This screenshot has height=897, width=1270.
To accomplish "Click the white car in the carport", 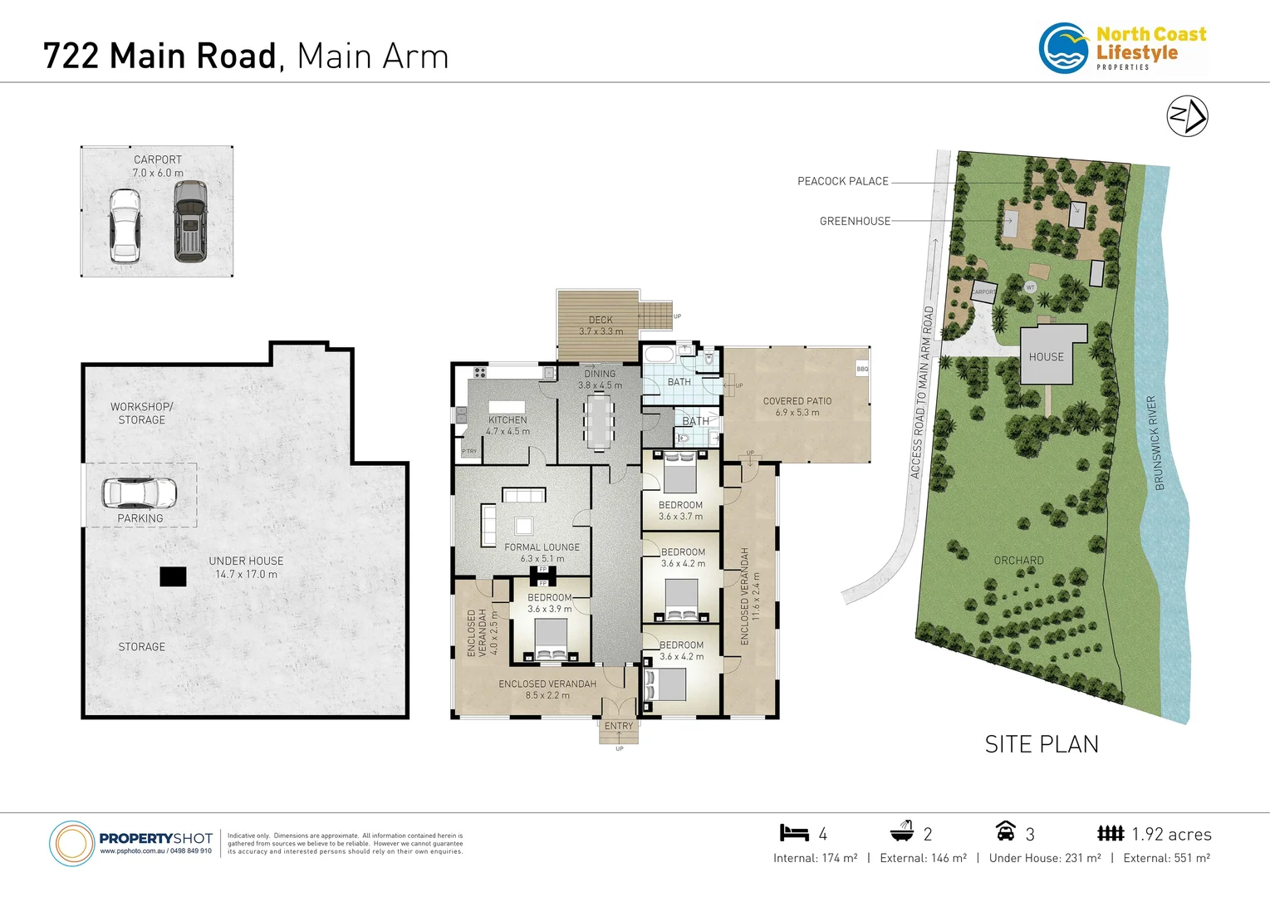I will pos(125,226).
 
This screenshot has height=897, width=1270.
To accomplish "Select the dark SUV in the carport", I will pos(190,222).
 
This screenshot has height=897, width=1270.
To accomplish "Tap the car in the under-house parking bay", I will pos(139,493).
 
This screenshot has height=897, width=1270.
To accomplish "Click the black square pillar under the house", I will pos(173,576).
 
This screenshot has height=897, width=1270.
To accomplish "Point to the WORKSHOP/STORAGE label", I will pos(142,414).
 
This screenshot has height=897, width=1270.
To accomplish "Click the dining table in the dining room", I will pos(598,421).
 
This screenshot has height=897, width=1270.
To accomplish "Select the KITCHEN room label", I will pos(508,420).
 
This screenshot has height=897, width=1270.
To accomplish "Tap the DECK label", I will pos(601,320).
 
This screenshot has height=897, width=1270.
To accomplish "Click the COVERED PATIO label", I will pos(797,401).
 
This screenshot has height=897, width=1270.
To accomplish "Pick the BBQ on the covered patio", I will pos(862,369).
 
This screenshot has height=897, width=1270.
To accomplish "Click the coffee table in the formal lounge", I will pos(523,525).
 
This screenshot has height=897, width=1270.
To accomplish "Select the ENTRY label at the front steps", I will pos(619,726).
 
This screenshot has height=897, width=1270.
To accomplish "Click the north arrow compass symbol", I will pos(1187,116).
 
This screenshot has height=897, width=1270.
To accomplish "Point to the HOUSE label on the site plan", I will pos(1046,357).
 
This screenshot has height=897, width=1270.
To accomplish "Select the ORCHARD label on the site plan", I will pos(1018,561).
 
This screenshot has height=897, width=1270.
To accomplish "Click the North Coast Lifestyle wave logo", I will pos(1064,49).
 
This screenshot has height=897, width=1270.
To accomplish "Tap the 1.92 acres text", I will pos(1171,835).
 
